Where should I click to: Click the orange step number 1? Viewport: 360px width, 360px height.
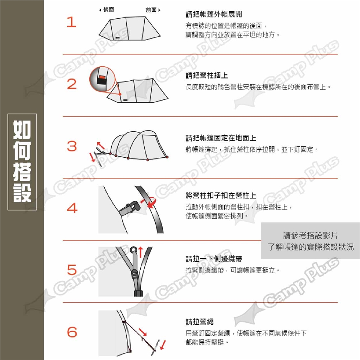click(x=71, y=22)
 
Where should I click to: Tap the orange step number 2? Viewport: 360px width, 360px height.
click(x=72, y=84)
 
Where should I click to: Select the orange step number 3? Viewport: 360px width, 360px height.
click(x=72, y=146)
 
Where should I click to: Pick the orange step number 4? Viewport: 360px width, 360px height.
click(x=72, y=208)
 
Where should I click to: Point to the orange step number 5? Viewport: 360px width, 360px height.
click(x=72, y=270)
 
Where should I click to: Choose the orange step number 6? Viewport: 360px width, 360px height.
click(x=72, y=332)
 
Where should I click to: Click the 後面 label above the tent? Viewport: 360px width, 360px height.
click(x=107, y=10)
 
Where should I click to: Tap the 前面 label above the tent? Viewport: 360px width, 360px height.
click(x=153, y=10)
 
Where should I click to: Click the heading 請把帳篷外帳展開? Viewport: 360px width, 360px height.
click(x=214, y=14)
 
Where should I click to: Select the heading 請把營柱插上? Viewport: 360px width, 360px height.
click(x=207, y=75)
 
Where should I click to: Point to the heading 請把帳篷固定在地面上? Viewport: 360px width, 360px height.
click(x=221, y=138)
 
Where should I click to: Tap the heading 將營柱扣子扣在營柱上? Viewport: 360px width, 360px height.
click(x=221, y=196)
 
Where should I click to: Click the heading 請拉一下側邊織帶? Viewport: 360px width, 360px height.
click(x=214, y=259)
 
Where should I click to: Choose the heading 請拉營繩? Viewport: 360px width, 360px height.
click(x=199, y=322)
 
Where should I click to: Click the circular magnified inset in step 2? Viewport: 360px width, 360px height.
click(x=102, y=79)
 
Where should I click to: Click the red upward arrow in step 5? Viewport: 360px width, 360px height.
click(x=140, y=252)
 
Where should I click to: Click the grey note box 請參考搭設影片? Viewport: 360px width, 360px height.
click(x=310, y=241)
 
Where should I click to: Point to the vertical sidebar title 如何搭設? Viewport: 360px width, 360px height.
click(x=22, y=162)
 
